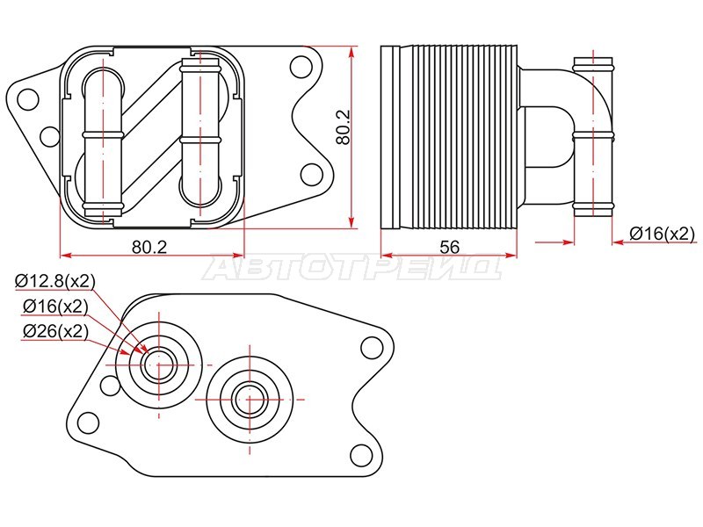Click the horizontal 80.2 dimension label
(149, 247)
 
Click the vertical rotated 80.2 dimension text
(344, 126)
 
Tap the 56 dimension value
(450, 247)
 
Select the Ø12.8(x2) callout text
(55, 281)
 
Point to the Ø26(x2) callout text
(55, 332)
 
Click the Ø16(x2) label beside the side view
(662, 233)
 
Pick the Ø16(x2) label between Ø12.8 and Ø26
(55, 307)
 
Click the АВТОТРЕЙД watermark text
(353, 268)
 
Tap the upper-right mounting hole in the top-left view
(301, 67)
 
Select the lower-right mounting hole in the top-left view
(312, 174)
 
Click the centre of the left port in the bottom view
(159, 365)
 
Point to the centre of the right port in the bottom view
(250, 399)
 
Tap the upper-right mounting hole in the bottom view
(372, 348)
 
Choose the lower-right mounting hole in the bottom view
(361, 456)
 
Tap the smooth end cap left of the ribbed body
(390, 137)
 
